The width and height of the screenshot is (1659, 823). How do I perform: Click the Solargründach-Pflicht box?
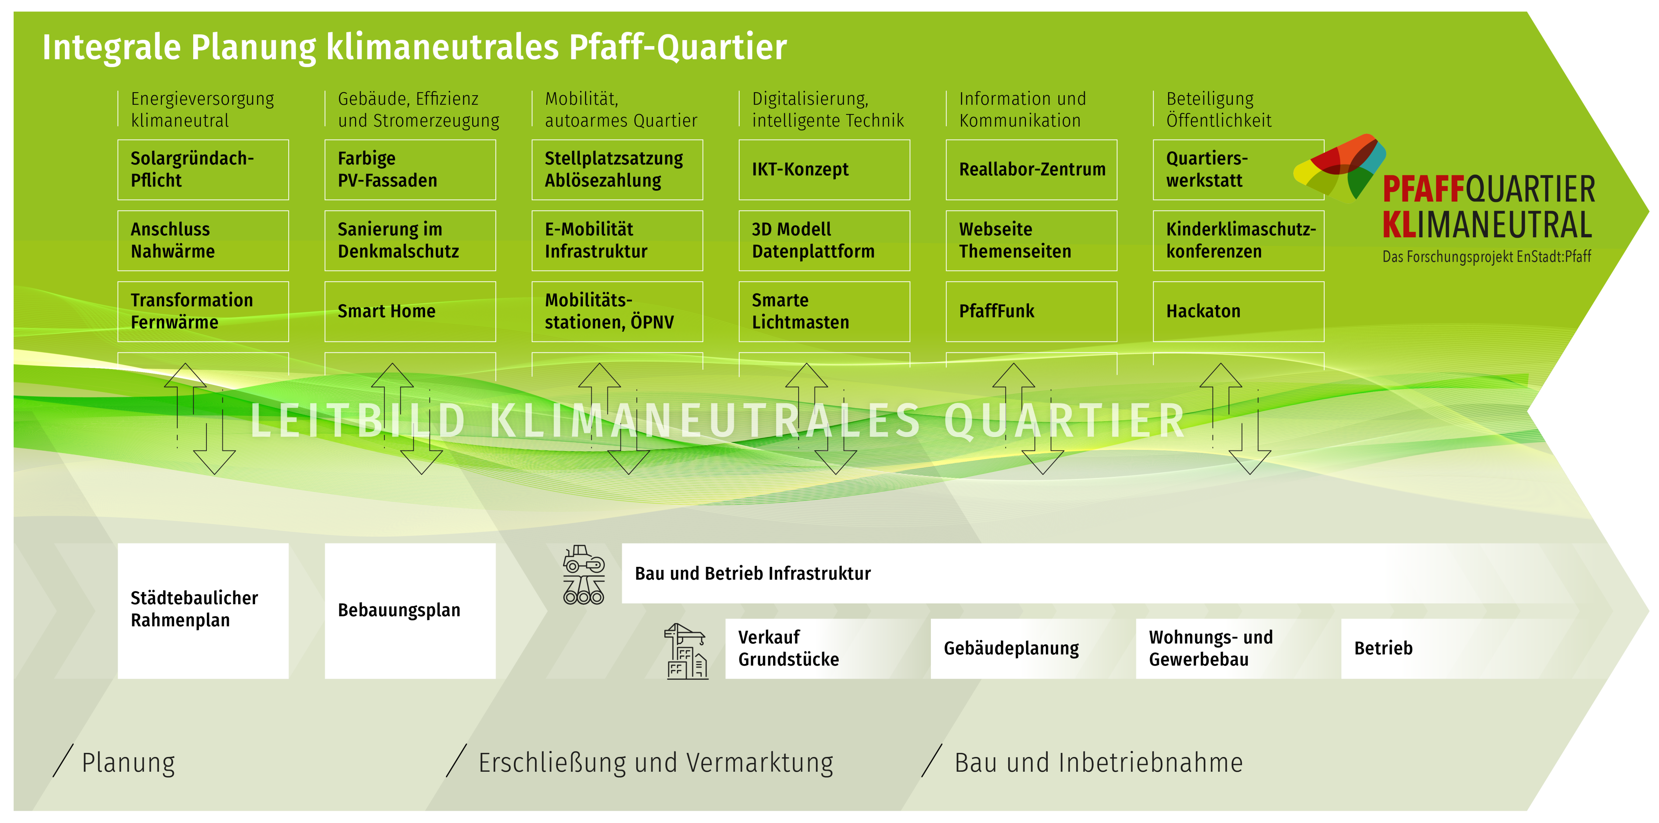coord(203,169)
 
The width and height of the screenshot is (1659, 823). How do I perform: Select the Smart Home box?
coord(410,311)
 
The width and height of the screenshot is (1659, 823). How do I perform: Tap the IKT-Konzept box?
coord(824,169)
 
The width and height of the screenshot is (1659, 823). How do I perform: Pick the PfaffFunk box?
coord(1031,311)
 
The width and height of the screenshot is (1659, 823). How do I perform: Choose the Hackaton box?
coord(1238,311)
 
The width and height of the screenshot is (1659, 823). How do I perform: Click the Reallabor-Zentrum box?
coord(1031,169)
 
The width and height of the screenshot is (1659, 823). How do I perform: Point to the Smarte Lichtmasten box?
coord(824,311)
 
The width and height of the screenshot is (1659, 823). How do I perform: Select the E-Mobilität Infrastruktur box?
coord(617,240)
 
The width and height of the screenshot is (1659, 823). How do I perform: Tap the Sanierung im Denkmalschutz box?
coord(410,240)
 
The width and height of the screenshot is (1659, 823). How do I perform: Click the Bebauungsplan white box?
coord(410,610)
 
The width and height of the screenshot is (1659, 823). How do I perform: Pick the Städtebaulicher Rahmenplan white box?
coord(203,610)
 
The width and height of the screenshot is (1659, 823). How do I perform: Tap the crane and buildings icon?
coord(686,651)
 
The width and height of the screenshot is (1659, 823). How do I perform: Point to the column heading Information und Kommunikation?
coord(1023,110)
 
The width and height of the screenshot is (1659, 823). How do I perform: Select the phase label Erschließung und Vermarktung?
coord(655,762)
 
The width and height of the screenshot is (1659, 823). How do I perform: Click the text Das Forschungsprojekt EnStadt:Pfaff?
coord(1486,256)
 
